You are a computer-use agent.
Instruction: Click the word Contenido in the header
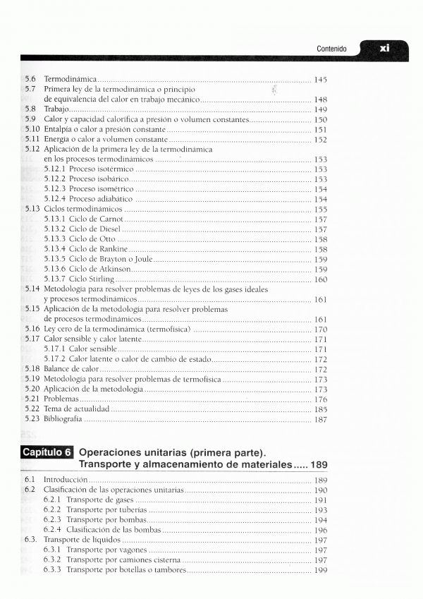(x=331, y=49)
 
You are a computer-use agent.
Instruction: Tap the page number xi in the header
(x=384, y=48)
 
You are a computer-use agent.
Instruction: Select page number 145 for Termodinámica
(x=320, y=80)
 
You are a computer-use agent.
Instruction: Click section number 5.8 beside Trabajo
(x=31, y=110)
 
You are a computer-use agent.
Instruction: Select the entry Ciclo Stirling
(x=79, y=279)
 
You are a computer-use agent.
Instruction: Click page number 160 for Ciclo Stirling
(x=320, y=279)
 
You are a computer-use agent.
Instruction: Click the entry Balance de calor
(x=71, y=369)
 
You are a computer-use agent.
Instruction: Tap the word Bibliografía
(x=63, y=419)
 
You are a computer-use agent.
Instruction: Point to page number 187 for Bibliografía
(x=320, y=419)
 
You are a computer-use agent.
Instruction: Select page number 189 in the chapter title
(x=318, y=466)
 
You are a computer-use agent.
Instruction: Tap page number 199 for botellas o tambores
(x=320, y=570)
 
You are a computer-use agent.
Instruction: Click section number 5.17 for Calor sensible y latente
(x=32, y=339)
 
